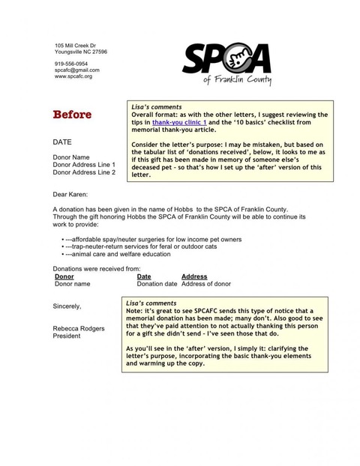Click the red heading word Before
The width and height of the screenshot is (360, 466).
click(72, 115)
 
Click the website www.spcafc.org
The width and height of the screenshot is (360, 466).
click(73, 76)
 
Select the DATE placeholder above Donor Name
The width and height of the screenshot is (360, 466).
click(62, 141)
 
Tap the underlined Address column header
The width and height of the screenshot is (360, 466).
click(194, 276)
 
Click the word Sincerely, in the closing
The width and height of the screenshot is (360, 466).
click(67, 306)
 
